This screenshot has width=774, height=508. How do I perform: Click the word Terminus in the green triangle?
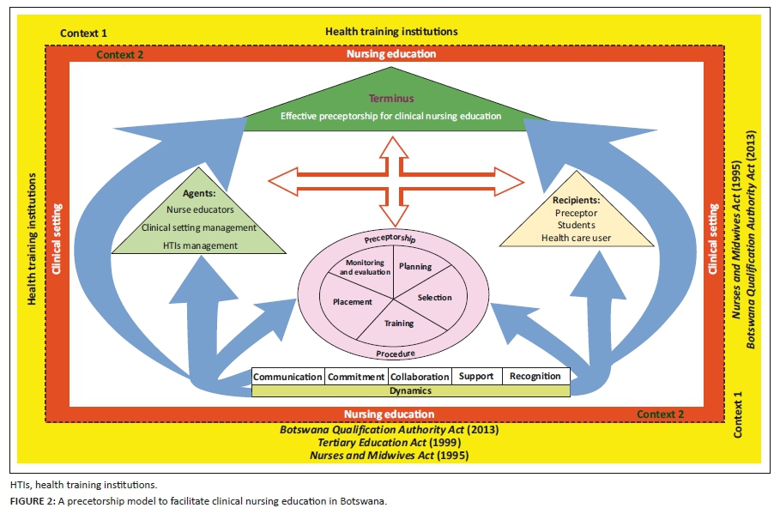point(385,99)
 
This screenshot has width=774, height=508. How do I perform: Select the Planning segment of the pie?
point(415,267)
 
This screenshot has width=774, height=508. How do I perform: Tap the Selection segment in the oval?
point(434,298)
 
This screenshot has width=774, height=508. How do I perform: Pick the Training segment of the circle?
point(399,324)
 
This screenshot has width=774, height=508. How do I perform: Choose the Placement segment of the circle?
point(352,301)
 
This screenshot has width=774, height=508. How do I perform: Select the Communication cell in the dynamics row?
point(287,377)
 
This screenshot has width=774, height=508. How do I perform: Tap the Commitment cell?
point(356,377)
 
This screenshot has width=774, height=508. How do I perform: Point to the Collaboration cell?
point(419,377)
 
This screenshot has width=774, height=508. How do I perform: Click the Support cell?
point(476,377)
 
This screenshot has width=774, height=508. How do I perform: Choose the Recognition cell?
point(535,377)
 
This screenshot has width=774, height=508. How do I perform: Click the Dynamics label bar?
point(410,390)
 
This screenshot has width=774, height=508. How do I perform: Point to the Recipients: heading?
point(576,199)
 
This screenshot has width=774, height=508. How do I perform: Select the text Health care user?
point(576,238)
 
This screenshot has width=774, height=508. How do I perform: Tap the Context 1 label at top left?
point(84,33)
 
